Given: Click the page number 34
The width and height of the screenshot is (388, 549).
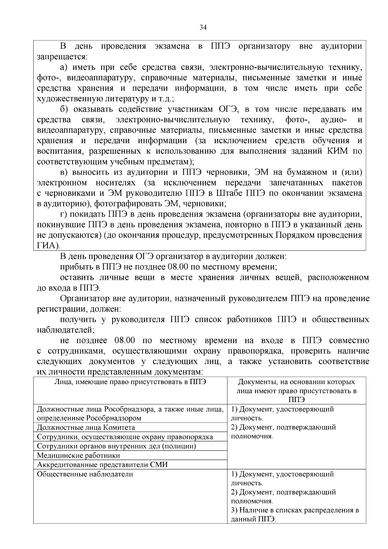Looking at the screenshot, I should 203,27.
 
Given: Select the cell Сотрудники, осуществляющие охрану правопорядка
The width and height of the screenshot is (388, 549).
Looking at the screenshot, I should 125,437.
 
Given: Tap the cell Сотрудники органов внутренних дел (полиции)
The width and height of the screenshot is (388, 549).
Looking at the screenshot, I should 117,446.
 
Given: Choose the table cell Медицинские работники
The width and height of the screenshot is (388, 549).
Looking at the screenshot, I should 79,456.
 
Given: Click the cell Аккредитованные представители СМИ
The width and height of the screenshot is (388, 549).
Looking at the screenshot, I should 102,465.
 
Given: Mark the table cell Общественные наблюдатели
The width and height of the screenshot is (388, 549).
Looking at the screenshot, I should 85,474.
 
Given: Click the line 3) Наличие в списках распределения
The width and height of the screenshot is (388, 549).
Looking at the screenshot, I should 295,510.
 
